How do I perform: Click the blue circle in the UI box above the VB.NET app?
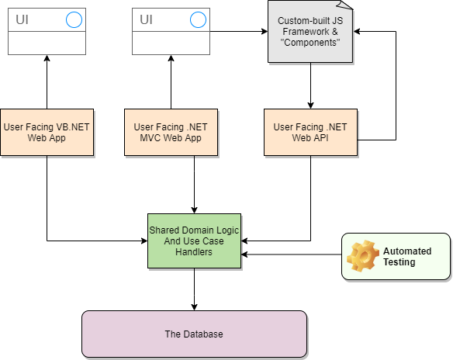74,20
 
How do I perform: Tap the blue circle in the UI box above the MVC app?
198,20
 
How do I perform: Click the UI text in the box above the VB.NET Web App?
22,20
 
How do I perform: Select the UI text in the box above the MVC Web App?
147,20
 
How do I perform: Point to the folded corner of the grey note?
347,5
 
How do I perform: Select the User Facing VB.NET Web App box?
47,132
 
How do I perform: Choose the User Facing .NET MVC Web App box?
171,132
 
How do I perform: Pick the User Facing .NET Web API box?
310,132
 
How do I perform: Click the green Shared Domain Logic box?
194,241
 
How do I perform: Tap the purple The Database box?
194,334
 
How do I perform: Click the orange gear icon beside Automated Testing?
362,256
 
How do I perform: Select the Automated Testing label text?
407,257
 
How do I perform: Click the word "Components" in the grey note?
309,43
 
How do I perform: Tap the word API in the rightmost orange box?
320,138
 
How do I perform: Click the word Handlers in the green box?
194,252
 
